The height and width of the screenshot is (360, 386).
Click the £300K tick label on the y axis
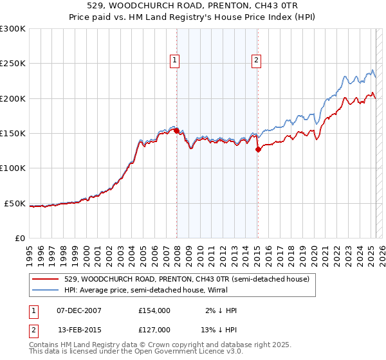click(13, 29)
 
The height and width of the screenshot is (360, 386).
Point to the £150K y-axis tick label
click(13, 134)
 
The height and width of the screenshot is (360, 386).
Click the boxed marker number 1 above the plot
click(174, 61)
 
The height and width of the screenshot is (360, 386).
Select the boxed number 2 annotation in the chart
click(256, 61)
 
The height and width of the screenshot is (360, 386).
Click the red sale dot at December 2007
click(176, 131)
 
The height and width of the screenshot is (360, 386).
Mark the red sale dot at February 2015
click(258, 150)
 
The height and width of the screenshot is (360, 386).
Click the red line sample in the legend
click(46, 279)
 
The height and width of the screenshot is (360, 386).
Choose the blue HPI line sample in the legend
click(46, 290)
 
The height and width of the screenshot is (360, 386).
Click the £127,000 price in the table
click(154, 330)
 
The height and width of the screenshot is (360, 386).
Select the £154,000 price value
click(154, 310)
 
